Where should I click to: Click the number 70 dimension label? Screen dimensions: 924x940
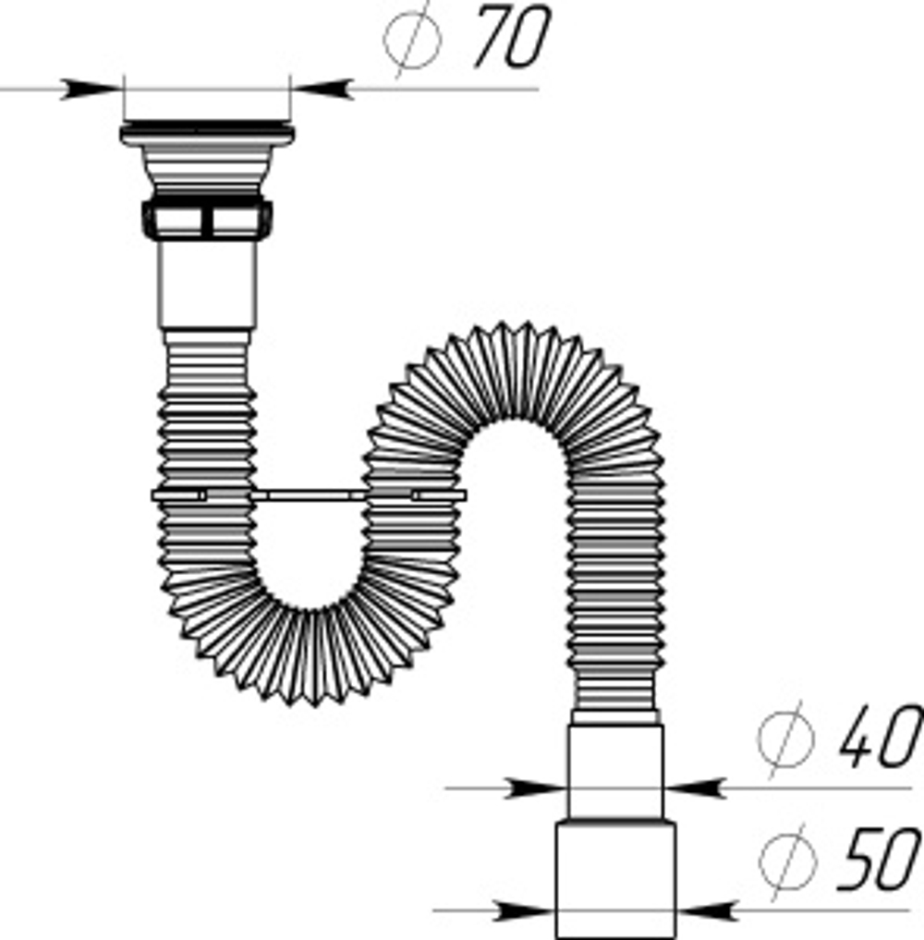click(513, 36)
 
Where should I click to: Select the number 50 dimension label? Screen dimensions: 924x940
click(879, 858)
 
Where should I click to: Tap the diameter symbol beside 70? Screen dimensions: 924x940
click(412, 40)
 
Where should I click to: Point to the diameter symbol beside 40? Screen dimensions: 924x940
click(785, 739)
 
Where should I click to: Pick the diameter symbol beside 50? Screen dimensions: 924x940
click(787, 861)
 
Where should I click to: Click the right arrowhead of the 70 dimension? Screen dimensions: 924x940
click(322, 89)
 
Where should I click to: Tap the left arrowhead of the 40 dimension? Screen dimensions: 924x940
click(536, 788)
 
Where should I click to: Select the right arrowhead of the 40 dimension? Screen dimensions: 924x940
click(695, 788)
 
